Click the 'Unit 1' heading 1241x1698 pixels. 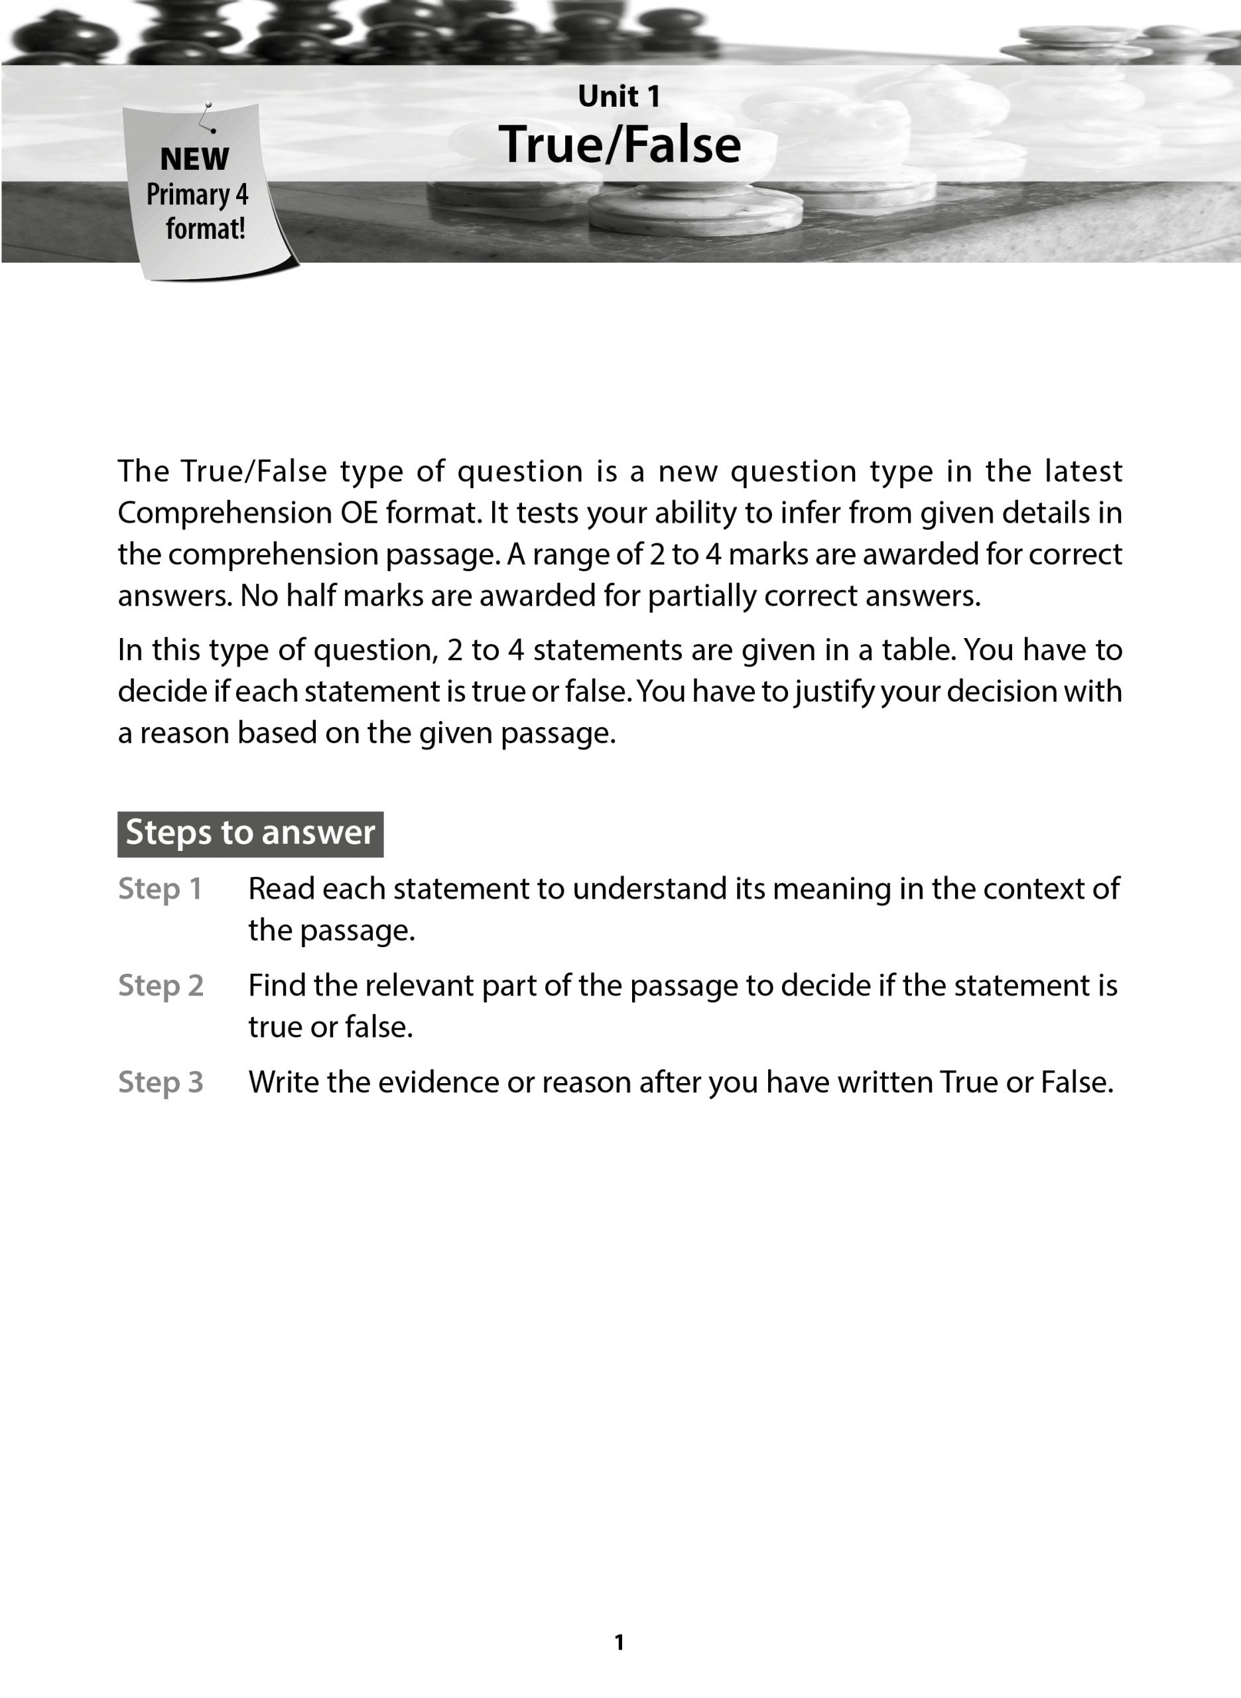(x=619, y=96)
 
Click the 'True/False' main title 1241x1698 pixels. (x=619, y=144)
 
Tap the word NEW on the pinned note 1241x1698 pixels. (x=194, y=159)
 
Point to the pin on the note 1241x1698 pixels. (x=209, y=106)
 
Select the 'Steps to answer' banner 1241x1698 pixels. (x=250, y=833)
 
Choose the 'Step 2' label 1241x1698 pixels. (x=161, y=986)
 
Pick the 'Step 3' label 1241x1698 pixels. (x=161, y=1082)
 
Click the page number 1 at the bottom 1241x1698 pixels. (x=619, y=1642)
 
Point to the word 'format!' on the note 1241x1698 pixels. (x=206, y=228)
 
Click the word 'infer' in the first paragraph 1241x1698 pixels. (x=806, y=513)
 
